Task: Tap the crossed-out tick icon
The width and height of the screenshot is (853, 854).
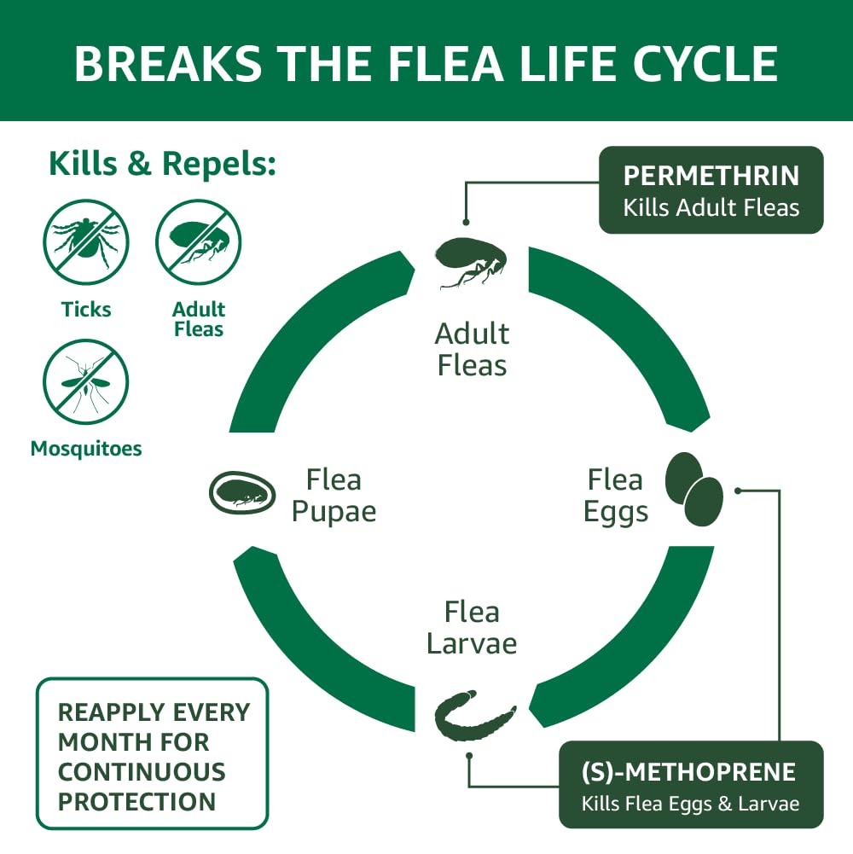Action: click(x=86, y=241)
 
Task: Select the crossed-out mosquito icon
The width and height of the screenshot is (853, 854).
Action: click(x=86, y=381)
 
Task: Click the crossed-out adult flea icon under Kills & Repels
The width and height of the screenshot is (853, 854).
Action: click(x=199, y=241)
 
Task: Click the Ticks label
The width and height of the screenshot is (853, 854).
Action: click(x=86, y=309)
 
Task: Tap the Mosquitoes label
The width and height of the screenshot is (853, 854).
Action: click(x=86, y=448)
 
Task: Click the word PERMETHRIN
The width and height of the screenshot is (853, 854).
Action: click(x=711, y=176)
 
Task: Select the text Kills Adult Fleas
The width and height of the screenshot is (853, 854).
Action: click(x=711, y=207)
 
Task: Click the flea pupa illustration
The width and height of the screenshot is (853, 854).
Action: click(x=242, y=492)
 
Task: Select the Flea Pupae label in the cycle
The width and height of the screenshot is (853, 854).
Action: click(x=334, y=496)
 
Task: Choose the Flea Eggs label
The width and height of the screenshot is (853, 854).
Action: click(x=614, y=496)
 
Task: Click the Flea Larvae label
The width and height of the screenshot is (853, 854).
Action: click(x=472, y=627)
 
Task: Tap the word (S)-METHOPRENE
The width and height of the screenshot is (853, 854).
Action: click(x=688, y=772)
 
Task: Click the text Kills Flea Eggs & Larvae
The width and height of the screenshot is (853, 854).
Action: click(x=690, y=804)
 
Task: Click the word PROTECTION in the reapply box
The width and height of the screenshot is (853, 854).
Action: click(x=136, y=801)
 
